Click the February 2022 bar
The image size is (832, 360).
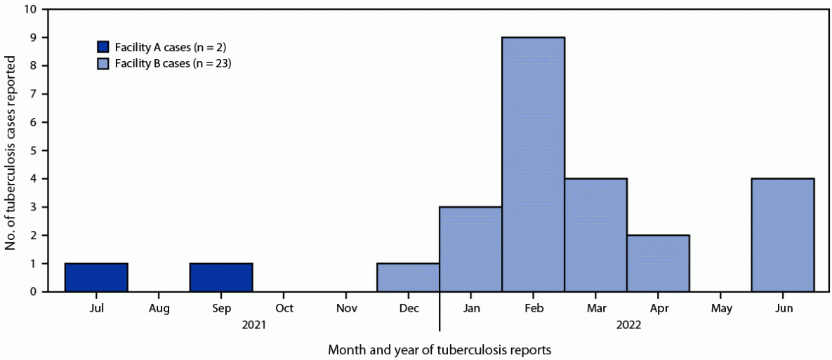pyautogui.click(x=533, y=164)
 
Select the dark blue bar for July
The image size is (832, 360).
pyautogui.click(x=96, y=277)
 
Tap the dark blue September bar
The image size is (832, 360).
pyautogui.click(x=221, y=277)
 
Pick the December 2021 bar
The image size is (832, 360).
pyautogui.click(x=408, y=277)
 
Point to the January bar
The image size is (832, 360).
pyautogui.click(x=470, y=249)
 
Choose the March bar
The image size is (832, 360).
pyautogui.click(x=595, y=235)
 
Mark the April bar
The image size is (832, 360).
pyautogui.click(x=658, y=263)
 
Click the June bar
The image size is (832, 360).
pyautogui.click(x=783, y=235)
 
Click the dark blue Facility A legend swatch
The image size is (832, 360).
pyautogui.click(x=104, y=47)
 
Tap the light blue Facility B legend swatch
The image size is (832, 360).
pyautogui.click(x=104, y=63)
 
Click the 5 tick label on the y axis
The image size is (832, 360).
pyautogui.click(x=32, y=151)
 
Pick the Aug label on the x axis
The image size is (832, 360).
pyautogui.click(x=159, y=309)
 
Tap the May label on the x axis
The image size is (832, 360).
pyautogui.click(x=720, y=309)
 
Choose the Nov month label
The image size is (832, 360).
pyautogui.click(x=346, y=309)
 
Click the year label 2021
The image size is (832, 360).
pyautogui.click(x=253, y=326)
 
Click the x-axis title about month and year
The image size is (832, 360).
pyautogui.click(x=440, y=349)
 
